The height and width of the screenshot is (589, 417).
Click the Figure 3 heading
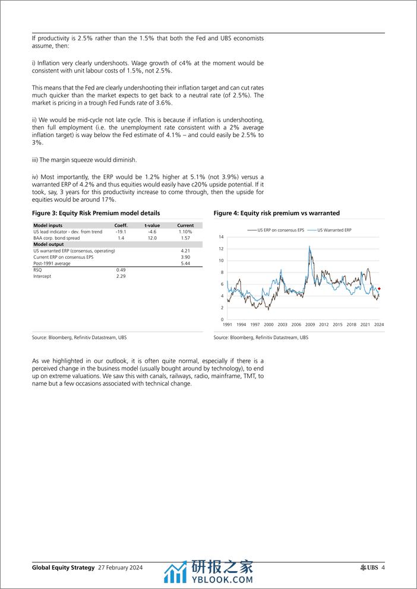(96, 213)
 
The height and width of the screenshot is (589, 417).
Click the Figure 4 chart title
(276, 213)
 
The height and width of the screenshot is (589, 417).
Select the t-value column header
(153, 226)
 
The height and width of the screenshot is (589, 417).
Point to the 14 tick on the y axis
(221, 237)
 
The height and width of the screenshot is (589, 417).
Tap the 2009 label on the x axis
(309, 325)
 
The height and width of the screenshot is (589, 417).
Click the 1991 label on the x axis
(227, 325)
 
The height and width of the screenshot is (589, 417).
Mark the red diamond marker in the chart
(379, 289)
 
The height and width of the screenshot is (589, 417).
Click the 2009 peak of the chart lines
(309, 247)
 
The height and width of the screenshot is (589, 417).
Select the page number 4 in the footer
(383, 568)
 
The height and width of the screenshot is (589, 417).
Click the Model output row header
(49, 244)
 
